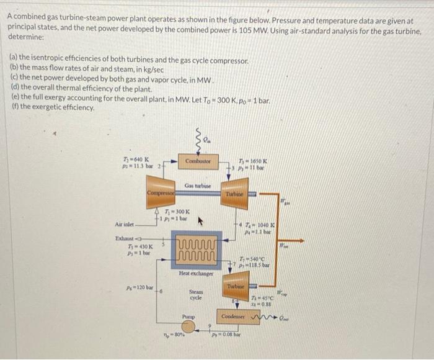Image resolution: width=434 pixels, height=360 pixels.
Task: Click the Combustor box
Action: coord(197,161)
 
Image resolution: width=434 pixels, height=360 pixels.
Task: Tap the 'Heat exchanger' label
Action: coord(197,274)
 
